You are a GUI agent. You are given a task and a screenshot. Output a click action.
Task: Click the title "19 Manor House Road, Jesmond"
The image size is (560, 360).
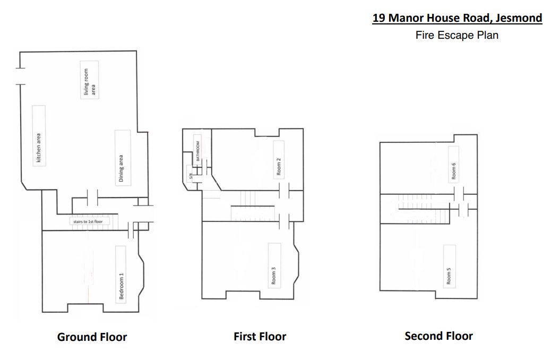[x=457, y=18]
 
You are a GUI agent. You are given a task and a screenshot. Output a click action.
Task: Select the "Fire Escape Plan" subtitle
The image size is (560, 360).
[x=457, y=35]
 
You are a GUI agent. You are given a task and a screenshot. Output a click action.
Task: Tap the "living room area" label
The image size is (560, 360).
[x=89, y=82]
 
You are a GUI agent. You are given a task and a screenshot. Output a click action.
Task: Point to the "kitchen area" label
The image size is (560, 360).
[x=39, y=148]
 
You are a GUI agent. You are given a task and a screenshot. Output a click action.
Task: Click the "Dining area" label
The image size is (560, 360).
[x=121, y=168]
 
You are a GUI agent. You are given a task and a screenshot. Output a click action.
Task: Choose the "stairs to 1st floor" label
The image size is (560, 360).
[x=88, y=222]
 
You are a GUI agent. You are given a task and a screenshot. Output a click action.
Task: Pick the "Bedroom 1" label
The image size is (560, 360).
[x=121, y=286]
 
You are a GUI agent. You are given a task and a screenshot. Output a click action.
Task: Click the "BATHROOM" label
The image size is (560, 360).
[x=198, y=151]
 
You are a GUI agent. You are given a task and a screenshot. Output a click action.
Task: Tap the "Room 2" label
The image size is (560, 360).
[x=279, y=167]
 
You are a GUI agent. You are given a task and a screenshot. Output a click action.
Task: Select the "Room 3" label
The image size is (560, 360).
[x=273, y=276]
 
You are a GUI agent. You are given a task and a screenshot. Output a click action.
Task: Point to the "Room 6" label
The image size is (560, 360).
[x=453, y=171]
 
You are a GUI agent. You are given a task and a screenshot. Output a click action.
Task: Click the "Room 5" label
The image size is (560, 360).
[x=449, y=276]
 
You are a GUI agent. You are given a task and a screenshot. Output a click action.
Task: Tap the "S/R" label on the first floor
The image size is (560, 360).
[x=191, y=176]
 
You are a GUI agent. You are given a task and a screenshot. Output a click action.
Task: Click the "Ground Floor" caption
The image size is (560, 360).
[x=92, y=337]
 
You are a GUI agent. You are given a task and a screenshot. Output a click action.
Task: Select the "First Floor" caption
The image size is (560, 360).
[x=260, y=337]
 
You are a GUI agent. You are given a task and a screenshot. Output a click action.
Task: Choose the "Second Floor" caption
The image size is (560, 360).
[x=439, y=336]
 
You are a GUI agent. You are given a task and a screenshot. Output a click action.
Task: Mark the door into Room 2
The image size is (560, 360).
[x=285, y=191]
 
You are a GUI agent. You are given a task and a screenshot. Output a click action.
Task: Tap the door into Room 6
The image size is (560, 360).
[x=459, y=194]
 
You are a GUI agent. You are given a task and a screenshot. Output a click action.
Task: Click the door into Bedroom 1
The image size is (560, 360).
[x=131, y=230]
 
